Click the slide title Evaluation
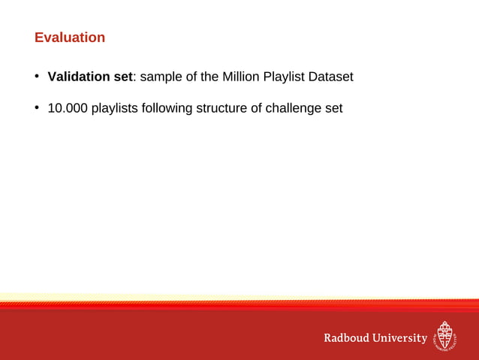point(70,38)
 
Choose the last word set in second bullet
point(333,108)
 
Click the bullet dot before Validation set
point(36,77)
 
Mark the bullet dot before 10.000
point(36,108)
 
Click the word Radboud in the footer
point(347,338)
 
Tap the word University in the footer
point(400,338)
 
